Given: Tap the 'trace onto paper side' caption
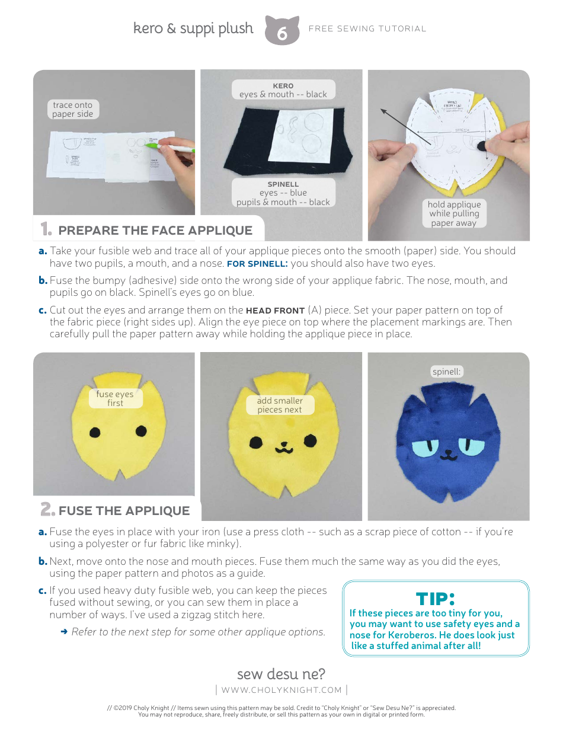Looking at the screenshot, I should [x=72, y=110].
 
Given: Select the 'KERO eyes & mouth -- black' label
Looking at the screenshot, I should [x=283, y=90].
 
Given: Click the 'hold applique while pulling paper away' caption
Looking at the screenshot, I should [x=454, y=213].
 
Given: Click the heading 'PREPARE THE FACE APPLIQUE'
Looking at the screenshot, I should [x=155, y=231].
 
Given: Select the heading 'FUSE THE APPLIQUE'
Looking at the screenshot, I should [x=124, y=511].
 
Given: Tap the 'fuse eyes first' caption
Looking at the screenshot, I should [x=115, y=398].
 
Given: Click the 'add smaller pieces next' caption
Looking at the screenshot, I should [x=279, y=405].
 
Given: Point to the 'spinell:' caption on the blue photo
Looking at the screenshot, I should [x=446, y=372].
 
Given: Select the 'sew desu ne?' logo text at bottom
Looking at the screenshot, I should [x=281, y=674].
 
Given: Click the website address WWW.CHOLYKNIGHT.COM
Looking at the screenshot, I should [x=281, y=690].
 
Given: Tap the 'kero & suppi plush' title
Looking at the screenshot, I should [x=193, y=28].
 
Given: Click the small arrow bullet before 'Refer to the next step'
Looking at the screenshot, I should [x=63, y=632].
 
